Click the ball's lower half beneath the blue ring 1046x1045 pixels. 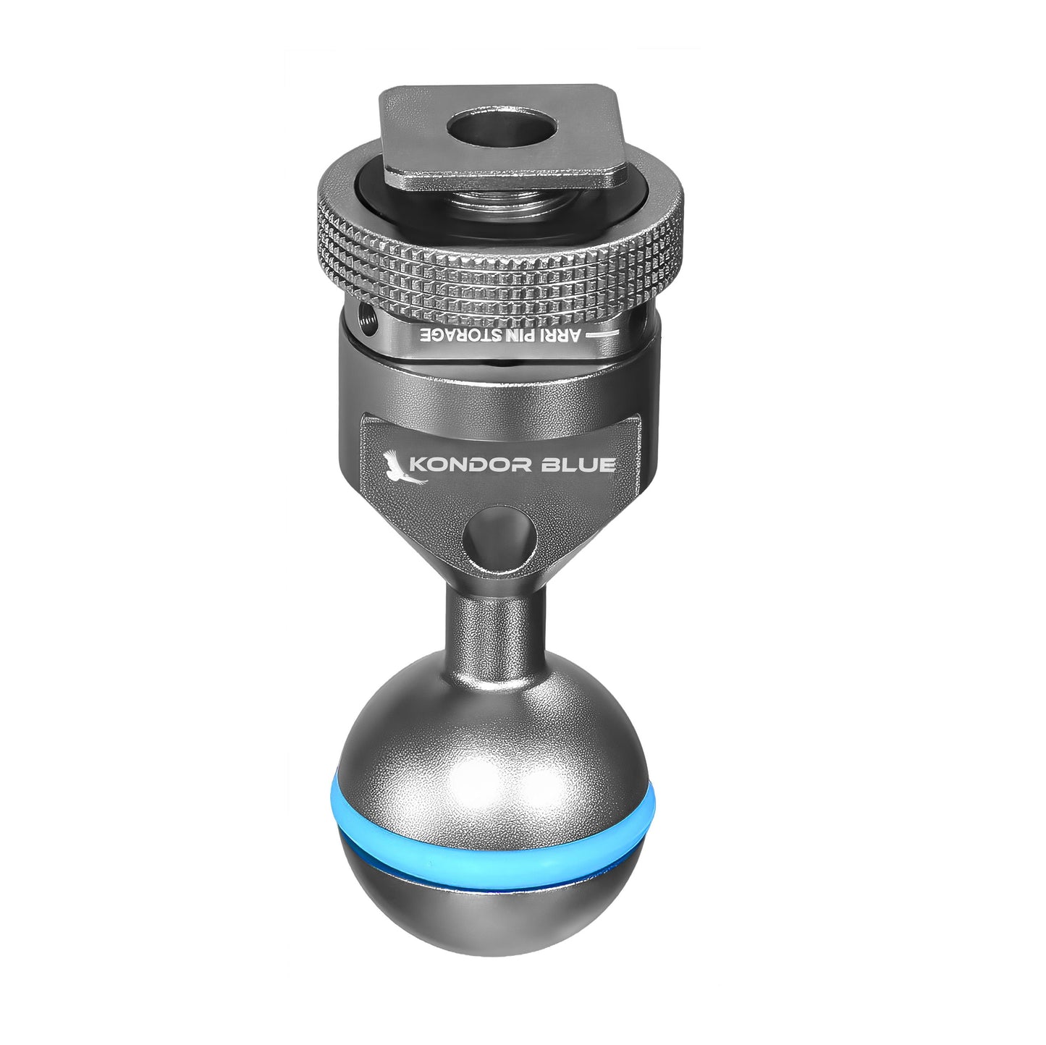499,919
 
